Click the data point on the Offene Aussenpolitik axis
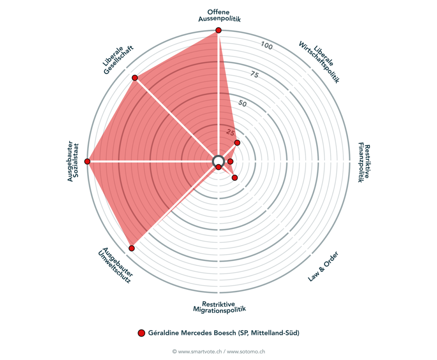(218, 30)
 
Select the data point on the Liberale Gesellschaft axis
(135, 78)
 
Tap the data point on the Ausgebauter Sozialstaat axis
(87, 161)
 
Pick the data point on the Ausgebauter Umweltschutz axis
(131, 248)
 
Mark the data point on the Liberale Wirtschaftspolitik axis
(237, 142)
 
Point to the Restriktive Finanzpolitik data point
(230, 161)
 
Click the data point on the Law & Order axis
(234, 177)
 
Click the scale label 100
(267, 46)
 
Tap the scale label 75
(254, 75)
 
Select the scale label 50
(242, 103)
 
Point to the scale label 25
(230, 131)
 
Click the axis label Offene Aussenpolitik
(218, 15)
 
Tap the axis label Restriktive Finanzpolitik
(364, 162)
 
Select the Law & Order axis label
(323, 267)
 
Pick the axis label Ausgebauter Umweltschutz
(115, 265)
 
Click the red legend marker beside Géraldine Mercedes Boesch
(142, 333)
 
